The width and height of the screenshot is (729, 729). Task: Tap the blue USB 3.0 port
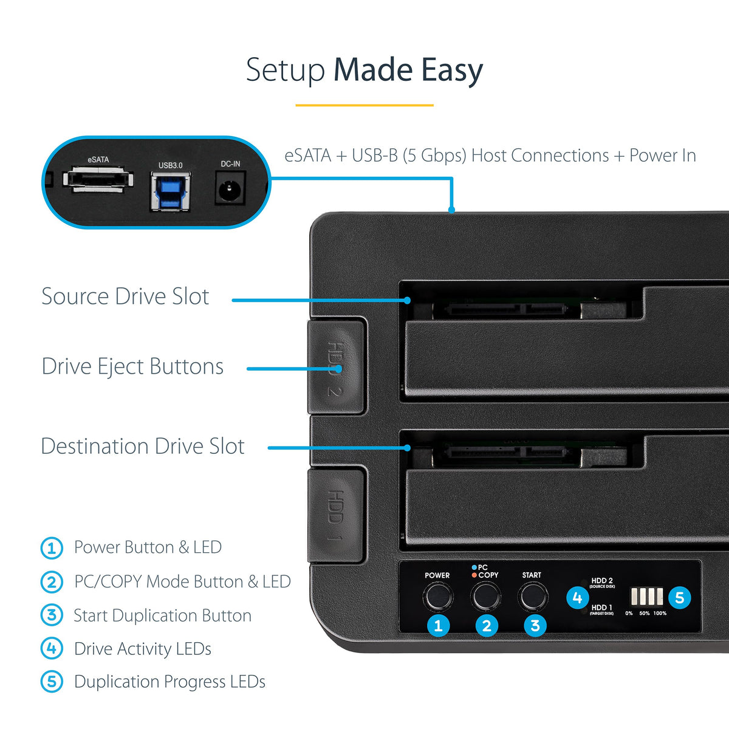(171, 191)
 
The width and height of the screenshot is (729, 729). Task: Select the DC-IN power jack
(230, 188)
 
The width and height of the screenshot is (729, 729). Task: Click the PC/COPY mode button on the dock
(485, 596)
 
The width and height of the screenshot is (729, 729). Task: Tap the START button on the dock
(533, 596)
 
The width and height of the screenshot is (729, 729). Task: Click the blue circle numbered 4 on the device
(577, 598)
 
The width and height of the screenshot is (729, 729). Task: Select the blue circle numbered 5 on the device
(679, 598)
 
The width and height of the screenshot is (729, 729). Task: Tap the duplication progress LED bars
(646, 596)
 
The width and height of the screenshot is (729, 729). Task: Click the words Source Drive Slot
(125, 296)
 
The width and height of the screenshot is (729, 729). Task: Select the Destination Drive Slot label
(143, 446)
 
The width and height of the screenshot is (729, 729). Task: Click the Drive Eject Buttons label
(132, 366)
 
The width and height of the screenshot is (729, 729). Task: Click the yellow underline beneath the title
(364, 105)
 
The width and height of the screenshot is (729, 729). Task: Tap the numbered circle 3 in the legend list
(52, 615)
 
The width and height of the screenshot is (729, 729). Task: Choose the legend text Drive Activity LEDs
(143, 649)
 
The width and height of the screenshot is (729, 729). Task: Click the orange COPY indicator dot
(474, 575)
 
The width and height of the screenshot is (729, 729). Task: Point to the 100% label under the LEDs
(660, 613)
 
